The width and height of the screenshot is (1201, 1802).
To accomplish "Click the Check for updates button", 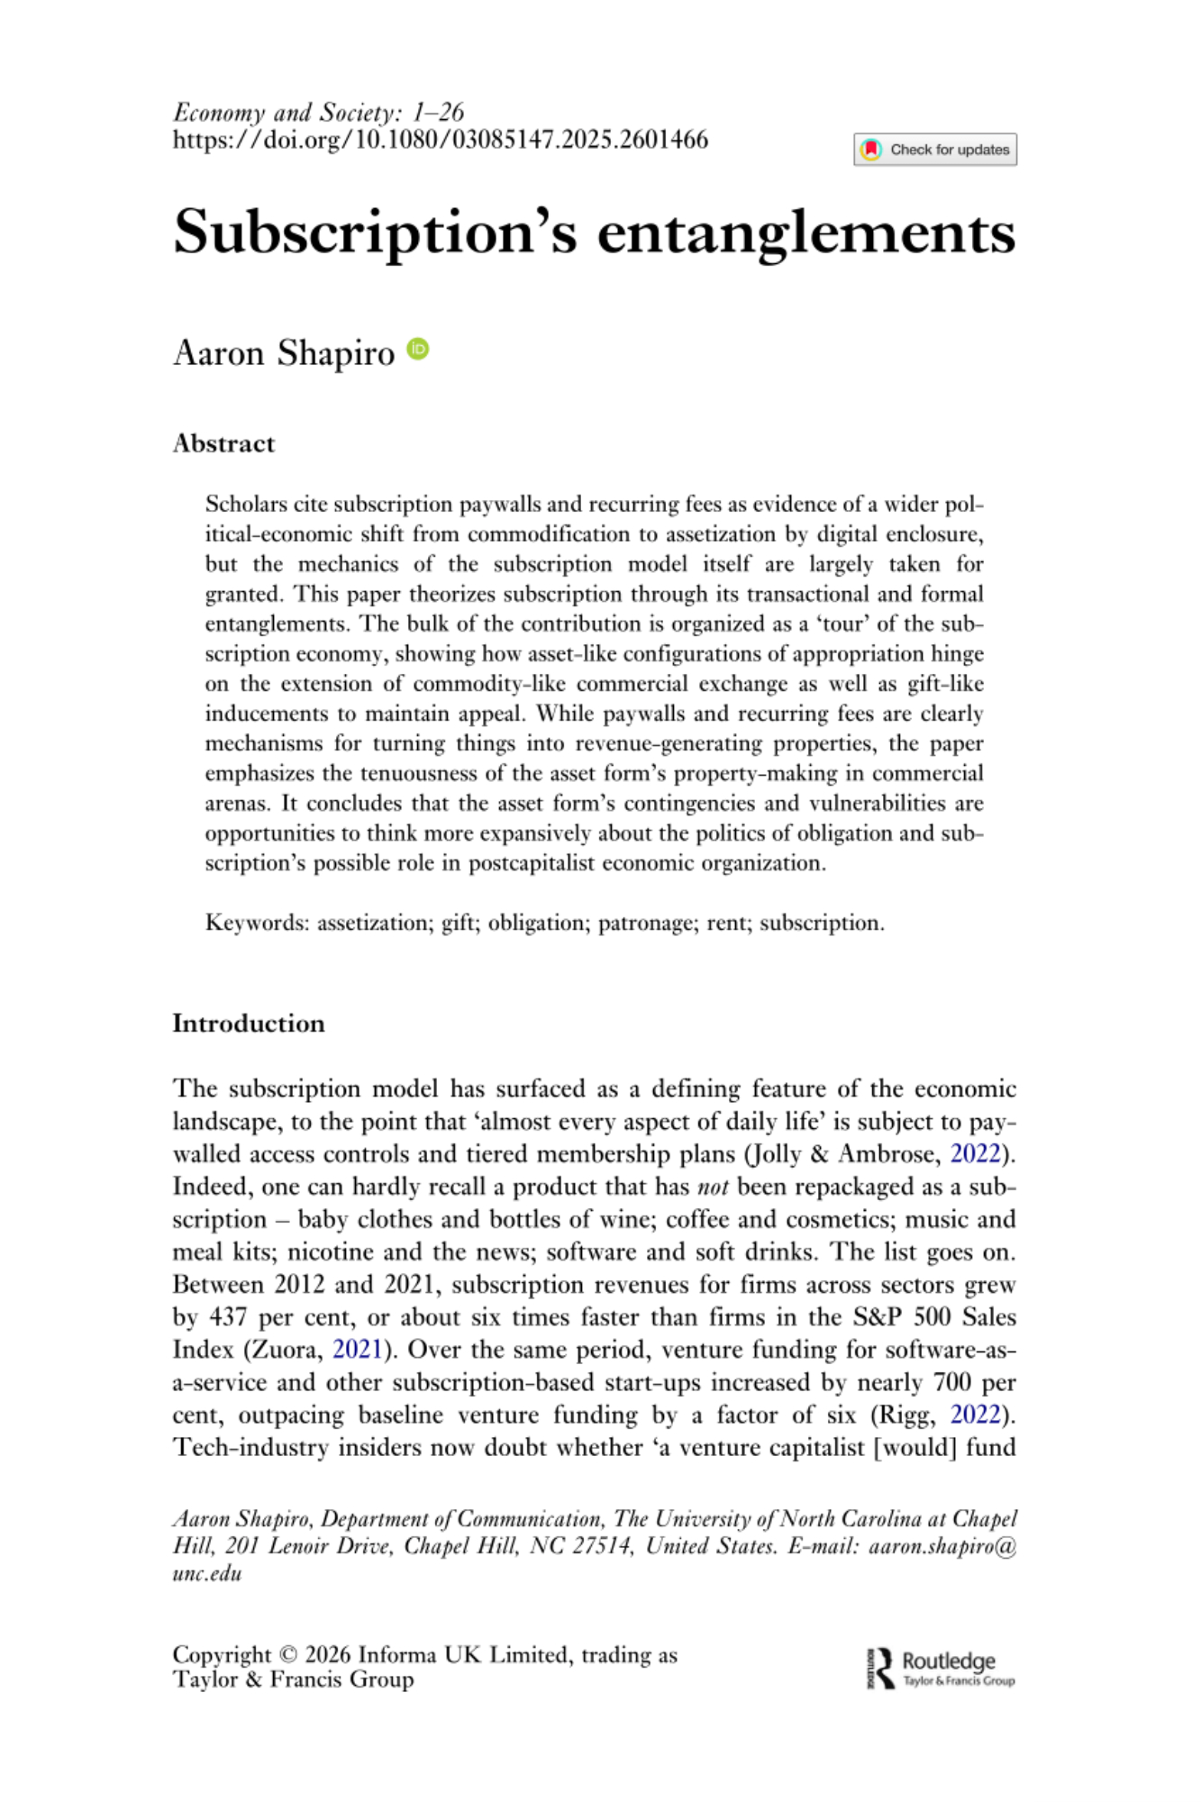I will pyautogui.click(x=935, y=150).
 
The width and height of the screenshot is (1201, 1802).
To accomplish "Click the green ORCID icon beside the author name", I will pyautogui.click(x=418, y=350).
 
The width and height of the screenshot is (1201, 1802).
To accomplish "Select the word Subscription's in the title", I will pyautogui.click(x=375, y=232).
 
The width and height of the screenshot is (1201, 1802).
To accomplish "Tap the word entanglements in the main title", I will pyautogui.click(x=806, y=232).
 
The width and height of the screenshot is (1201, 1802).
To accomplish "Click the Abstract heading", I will pyautogui.click(x=223, y=443).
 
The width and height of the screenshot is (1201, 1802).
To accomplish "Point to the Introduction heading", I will pyautogui.click(x=249, y=1024).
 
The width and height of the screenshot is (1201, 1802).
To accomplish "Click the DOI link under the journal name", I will pyautogui.click(x=441, y=140).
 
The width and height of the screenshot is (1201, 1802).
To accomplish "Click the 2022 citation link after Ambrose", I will pyautogui.click(x=976, y=1154).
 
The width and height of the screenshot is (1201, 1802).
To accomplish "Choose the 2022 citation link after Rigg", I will pyautogui.click(x=976, y=1415).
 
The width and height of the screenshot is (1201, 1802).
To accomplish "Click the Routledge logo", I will pyautogui.click(x=941, y=1669).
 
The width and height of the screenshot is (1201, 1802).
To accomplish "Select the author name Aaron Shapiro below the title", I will pyautogui.click(x=284, y=353).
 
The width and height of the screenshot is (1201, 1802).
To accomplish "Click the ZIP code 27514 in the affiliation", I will pyautogui.click(x=602, y=1547).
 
